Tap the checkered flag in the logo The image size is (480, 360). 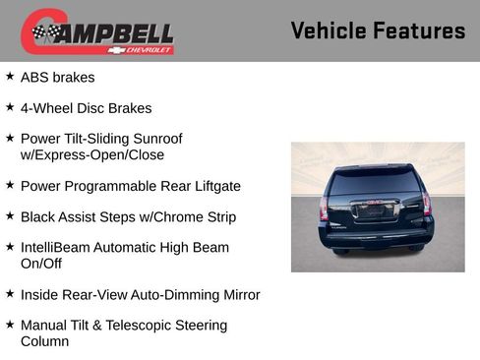(45, 33)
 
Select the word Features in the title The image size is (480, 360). (420, 30)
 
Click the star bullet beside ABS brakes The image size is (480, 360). (10, 76)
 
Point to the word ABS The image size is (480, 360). (36, 77)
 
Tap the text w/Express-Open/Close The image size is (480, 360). (92, 154)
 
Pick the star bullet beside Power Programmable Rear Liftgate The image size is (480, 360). (10, 185)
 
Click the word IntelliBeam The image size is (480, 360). (57, 248)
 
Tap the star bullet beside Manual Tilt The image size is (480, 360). (10, 325)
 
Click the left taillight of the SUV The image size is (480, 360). (325, 207)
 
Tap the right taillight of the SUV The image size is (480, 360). (427, 205)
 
